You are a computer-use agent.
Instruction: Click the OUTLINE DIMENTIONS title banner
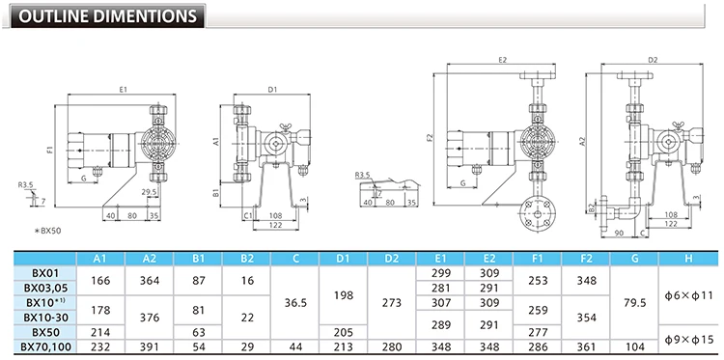(x=108, y=16)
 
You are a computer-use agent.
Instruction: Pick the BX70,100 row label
(x=46, y=346)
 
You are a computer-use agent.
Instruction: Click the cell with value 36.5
(x=295, y=303)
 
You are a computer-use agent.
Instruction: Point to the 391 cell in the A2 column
(x=150, y=346)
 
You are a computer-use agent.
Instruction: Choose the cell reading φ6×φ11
(x=688, y=295)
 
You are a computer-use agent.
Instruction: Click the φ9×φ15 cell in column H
(x=688, y=339)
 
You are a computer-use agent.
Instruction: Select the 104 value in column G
(x=634, y=346)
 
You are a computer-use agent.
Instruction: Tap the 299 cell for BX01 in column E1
(x=440, y=273)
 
